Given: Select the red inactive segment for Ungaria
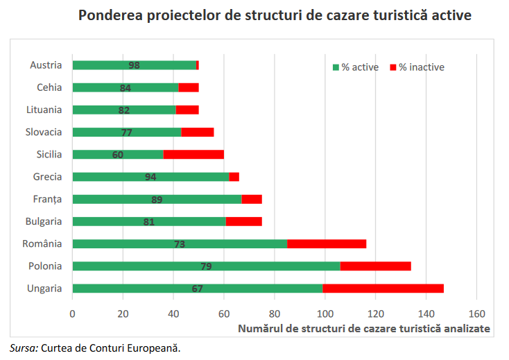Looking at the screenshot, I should click(383, 289).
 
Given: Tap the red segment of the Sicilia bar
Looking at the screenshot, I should click(193, 155).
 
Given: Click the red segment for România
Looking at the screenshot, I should click(327, 244).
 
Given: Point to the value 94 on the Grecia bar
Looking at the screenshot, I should click(150, 177).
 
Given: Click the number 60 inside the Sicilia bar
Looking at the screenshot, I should click(118, 155).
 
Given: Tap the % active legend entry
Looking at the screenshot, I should click(356, 67).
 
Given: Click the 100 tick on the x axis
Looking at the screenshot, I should click(325, 313).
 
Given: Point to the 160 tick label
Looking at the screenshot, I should click(476, 313).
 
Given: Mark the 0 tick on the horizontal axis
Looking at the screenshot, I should click(72, 313).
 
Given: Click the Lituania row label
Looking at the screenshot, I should click(44, 110).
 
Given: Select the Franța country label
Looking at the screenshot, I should click(48, 199).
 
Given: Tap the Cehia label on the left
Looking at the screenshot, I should click(49, 87).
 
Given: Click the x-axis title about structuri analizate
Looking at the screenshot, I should click(364, 328).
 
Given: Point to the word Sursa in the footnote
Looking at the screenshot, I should click(24, 348).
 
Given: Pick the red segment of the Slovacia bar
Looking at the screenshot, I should click(198, 132).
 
